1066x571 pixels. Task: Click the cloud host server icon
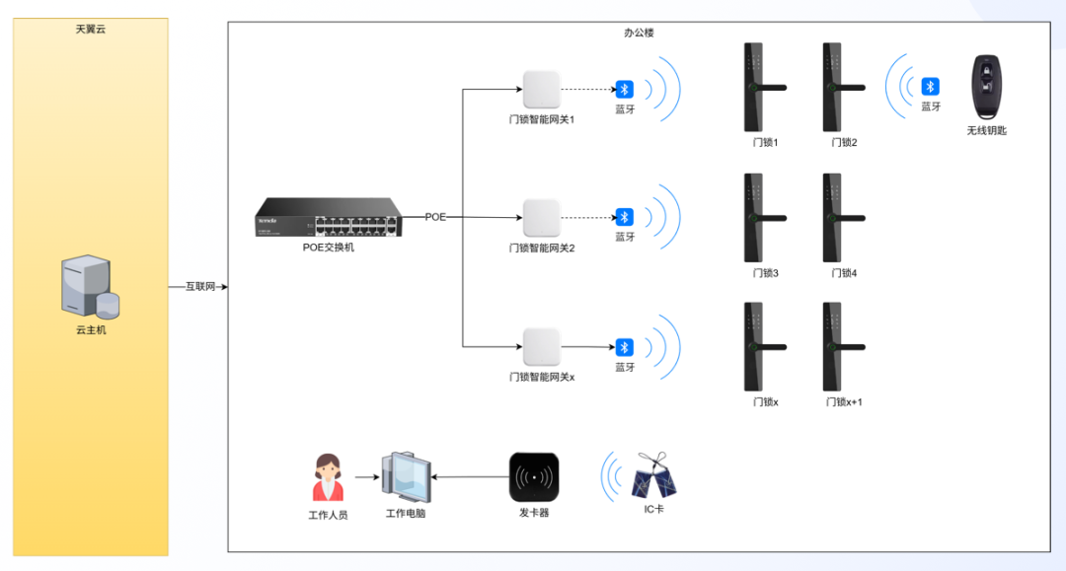90,288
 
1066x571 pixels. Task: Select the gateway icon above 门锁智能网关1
541,90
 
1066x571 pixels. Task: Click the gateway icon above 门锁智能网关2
541,217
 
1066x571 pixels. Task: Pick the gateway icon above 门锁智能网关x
541,347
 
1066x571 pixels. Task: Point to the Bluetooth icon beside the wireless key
930,87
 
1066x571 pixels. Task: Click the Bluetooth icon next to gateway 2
624,217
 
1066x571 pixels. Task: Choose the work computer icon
406,478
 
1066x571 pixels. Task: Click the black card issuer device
534,477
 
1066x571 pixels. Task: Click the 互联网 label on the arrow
200,287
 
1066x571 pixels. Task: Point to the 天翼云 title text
91,30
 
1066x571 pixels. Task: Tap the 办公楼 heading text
639,33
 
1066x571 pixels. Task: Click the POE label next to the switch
435,216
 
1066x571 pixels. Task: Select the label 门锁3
765,273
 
